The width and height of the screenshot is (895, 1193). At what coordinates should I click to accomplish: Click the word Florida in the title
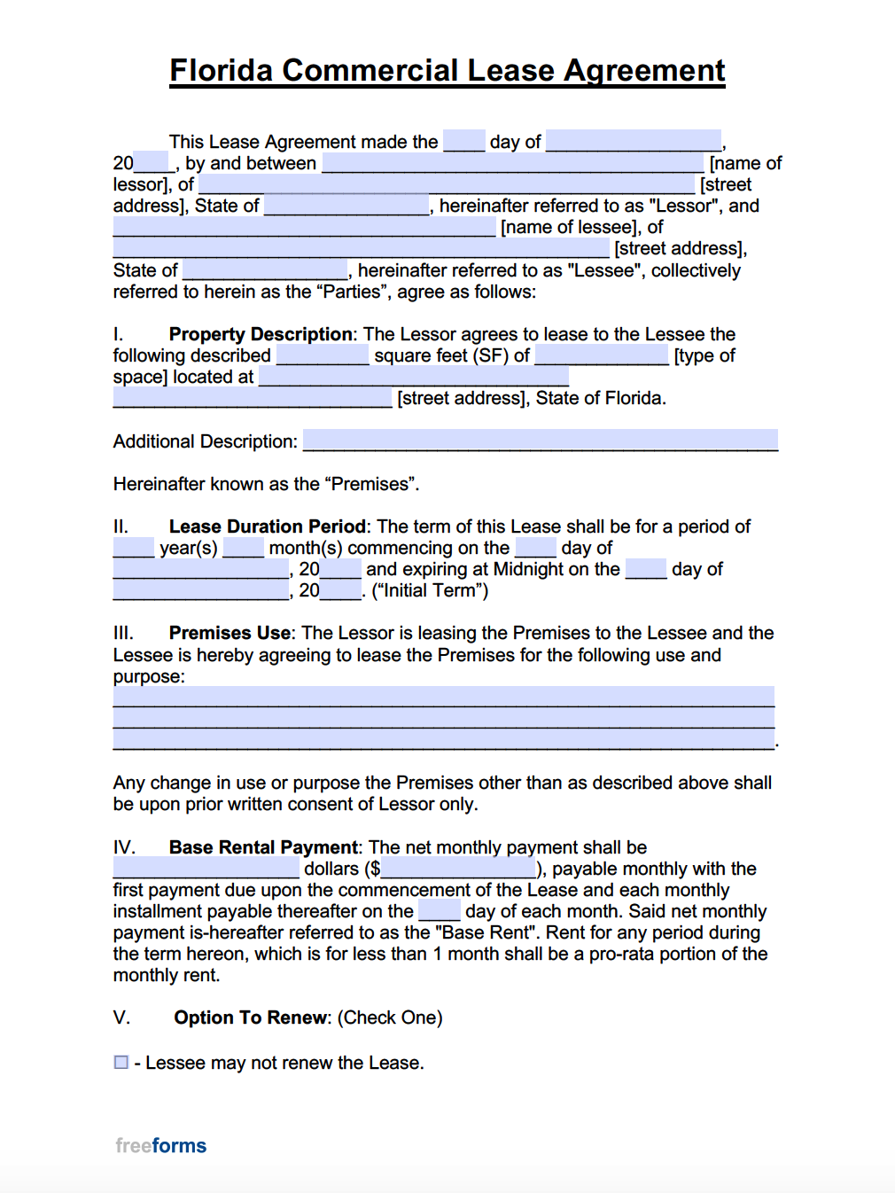click(222, 70)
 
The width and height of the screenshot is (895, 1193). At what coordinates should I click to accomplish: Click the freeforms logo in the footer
click(160, 1145)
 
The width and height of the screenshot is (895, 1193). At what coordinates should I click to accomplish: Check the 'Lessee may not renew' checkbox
click(121, 1062)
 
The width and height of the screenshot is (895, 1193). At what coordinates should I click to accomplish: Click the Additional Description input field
click(540, 440)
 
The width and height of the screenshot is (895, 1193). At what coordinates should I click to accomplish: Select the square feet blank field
click(323, 355)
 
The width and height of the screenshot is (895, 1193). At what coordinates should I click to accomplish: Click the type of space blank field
click(602, 355)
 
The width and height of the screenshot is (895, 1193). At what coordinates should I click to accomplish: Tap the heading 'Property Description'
click(261, 334)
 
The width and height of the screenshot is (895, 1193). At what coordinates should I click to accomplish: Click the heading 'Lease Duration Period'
click(267, 526)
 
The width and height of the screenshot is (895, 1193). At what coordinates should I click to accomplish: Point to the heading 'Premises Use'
click(230, 633)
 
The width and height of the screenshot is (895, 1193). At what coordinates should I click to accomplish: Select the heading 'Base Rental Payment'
click(263, 847)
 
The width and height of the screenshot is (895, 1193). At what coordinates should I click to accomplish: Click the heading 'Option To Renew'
click(251, 1018)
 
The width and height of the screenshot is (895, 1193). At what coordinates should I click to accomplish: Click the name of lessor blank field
click(512, 163)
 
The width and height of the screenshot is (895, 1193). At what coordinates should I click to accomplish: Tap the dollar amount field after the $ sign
click(458, 869)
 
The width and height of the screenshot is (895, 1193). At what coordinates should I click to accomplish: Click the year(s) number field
click(133, 548)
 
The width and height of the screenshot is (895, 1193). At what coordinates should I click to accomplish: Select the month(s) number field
click(243, 548)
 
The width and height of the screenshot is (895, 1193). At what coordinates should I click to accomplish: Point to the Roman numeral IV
click(124, 847)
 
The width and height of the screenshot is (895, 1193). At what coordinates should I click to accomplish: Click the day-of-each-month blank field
click(440, 911)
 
